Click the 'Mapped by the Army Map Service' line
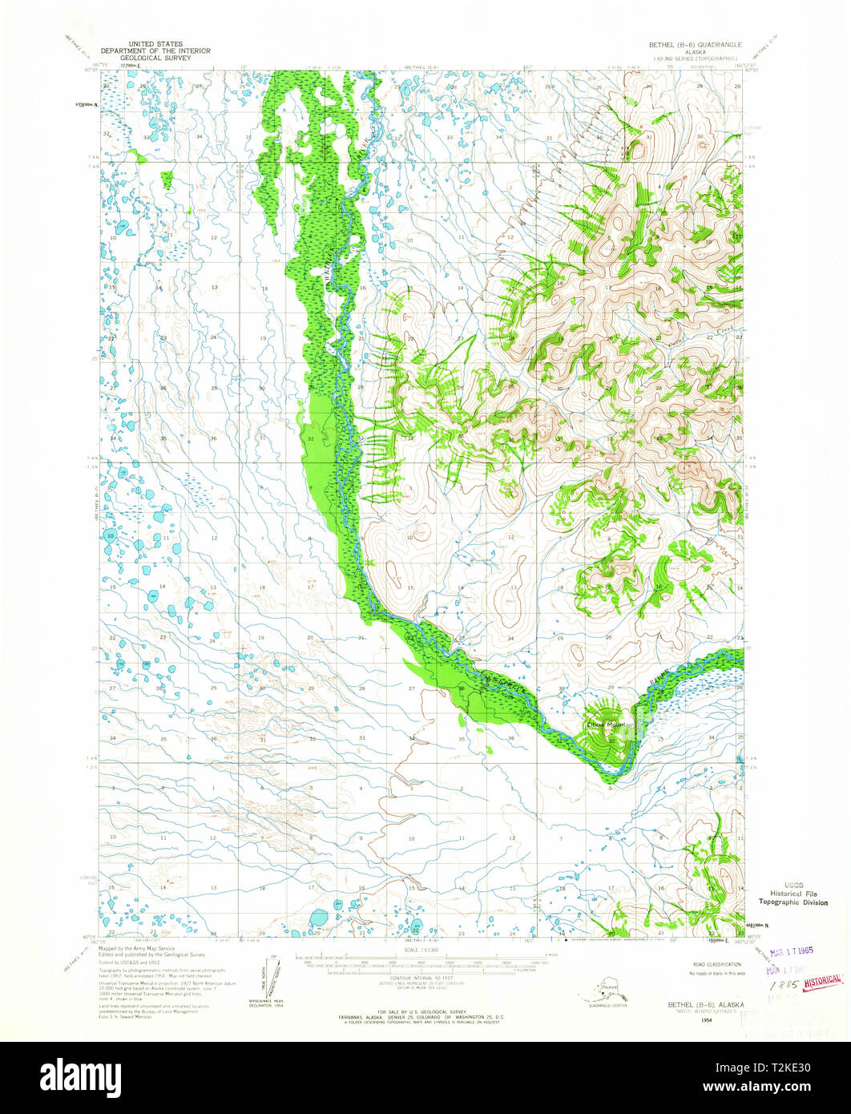tap(135, 947)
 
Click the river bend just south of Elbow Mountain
tap(611, 771)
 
